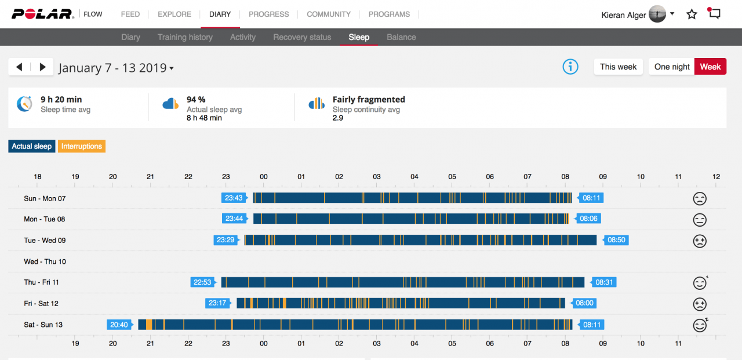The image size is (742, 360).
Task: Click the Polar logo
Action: pos(43,14)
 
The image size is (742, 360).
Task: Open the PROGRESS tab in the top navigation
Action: pos(268,14)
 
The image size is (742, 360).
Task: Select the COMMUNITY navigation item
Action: pos(329,14)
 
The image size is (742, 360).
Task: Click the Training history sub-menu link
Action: pos(185,37)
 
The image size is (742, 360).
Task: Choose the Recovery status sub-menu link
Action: pos(302,37)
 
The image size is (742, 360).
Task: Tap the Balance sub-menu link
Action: pos(401,37)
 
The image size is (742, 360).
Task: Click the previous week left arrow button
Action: pos(19,67)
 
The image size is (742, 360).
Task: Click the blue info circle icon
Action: pos(570,67)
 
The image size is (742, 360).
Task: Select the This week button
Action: pos(618,67)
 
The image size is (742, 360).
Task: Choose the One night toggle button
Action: pos(672,67)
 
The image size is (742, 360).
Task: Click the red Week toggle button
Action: pos(710,67)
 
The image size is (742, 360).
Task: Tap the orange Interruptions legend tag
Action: pos(82,147)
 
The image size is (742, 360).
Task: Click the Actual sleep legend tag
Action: pos(32,147)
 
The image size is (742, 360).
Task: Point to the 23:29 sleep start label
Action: pos(226,240)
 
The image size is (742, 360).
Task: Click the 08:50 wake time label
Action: pos(616,240)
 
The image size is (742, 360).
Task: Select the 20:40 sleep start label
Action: pos(119,325)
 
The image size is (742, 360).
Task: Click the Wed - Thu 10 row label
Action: pos(45,261)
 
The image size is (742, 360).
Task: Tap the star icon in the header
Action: pos(692,14)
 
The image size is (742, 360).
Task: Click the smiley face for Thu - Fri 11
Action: pos(700,283)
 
